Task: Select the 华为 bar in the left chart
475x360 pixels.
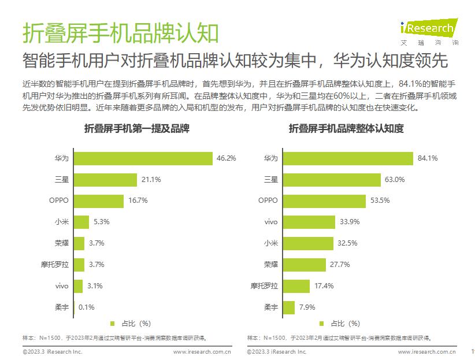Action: pyautogui.click(x=143, y=158)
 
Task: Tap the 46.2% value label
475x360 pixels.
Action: pyautogui.click(x=226, y=158)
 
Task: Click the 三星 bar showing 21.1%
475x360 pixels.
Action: pyautogui.click(x=105, y=180)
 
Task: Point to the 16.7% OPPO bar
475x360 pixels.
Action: pyautogui.click(x=98, y=201)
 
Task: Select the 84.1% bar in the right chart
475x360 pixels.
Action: pyautogui.click(x=348, y=158)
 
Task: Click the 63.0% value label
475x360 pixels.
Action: pyautogui.click(x=394, y=180)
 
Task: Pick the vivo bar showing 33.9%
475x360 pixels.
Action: pyautogui.click(x=309, y=222)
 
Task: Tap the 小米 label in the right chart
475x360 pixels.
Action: pyautogui.click(x=270, y=243)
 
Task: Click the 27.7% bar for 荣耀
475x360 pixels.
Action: pyautogui.click(x=305, y=264)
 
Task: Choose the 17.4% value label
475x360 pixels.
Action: pyautogui.click(x=324, y=285)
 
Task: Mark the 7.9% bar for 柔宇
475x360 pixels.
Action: pyautogui.click(x=289, y=307)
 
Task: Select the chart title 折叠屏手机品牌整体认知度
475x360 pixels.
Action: pyautogui.click(x=346, y=129)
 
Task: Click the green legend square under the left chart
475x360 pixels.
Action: pyautogui.click(x=113, y=324)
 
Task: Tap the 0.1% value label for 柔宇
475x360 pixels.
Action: pyautogui.click(x=86, y=307)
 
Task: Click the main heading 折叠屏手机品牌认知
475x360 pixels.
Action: pyautogui.click(x=121, y=33)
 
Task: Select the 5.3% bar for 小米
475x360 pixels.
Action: pyautogui.click(x=81, y=222)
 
